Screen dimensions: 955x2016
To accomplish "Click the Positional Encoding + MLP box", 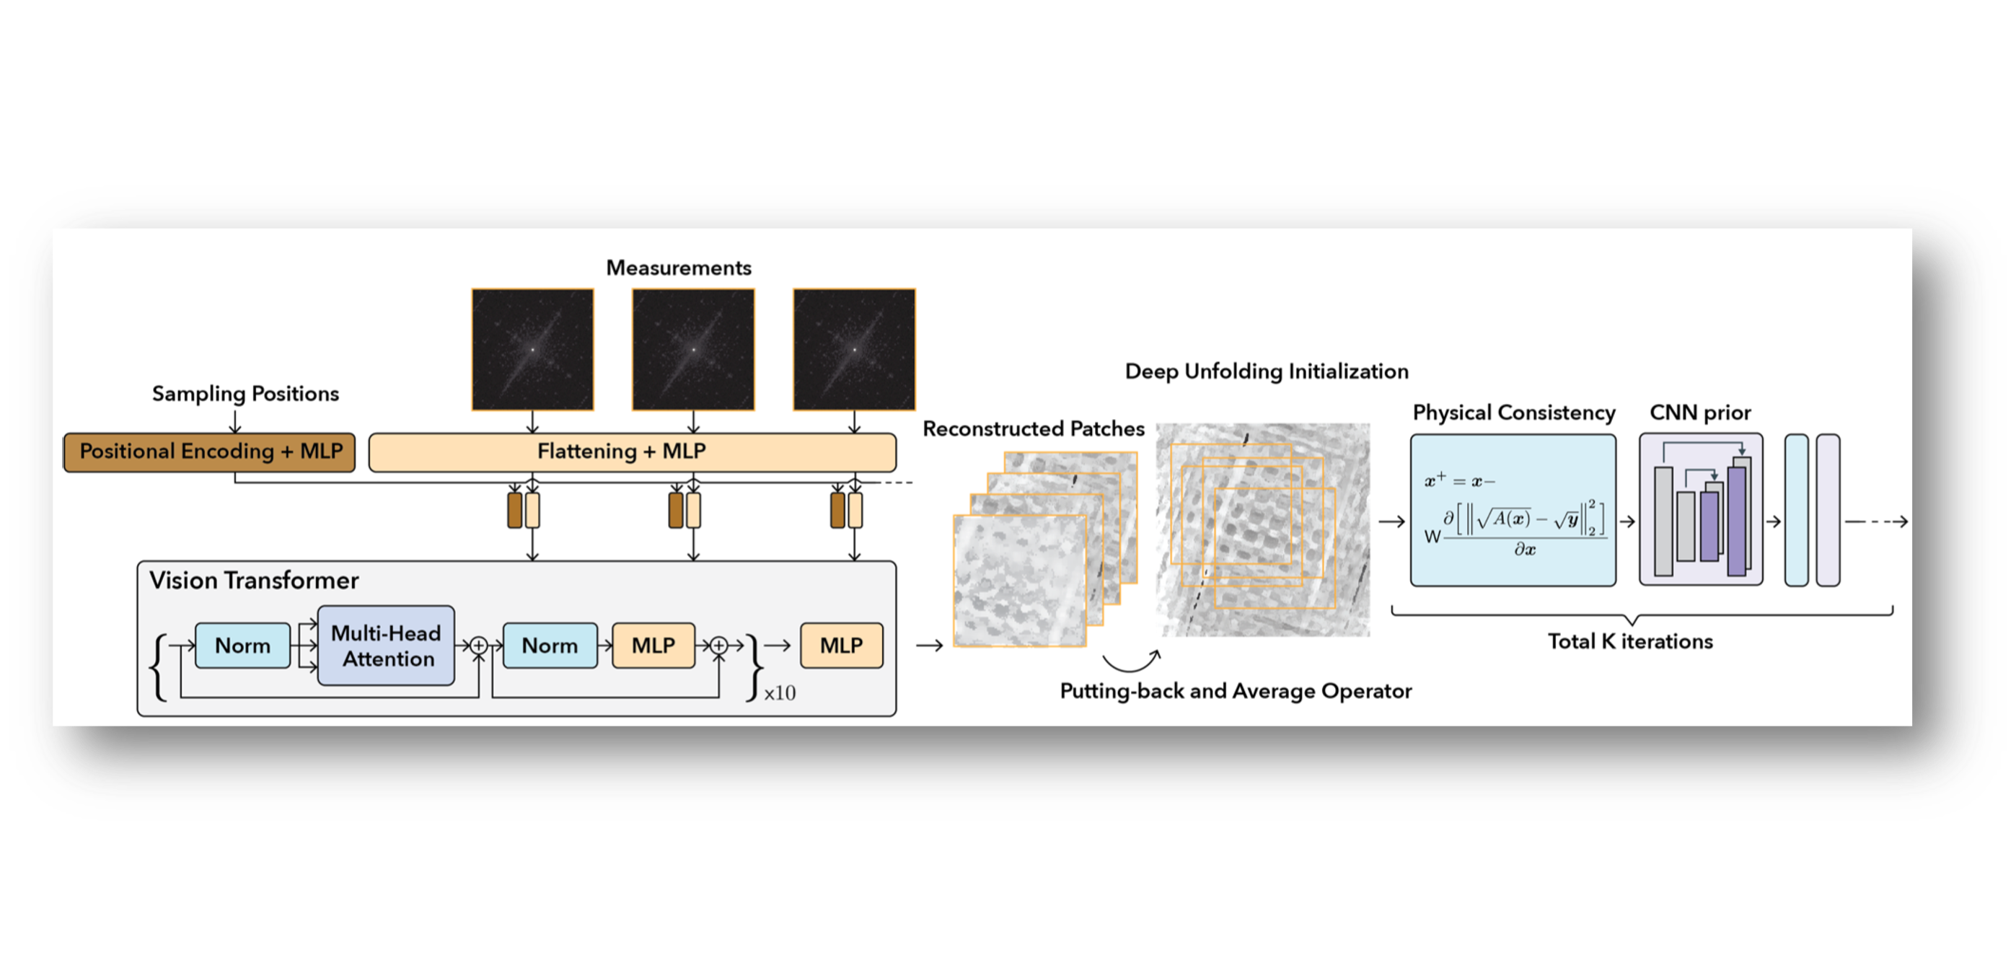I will pyautogui.click(x=209, y=452).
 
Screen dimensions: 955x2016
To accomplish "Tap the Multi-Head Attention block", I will pyautogui.click(x=386, y=646).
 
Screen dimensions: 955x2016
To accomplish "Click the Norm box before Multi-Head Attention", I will pyautogui.click(x=242, y=646).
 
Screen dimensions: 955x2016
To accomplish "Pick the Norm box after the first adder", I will pyautogui.click(x=550, y=646).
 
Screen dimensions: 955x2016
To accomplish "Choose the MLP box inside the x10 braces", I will pyautogui.click(x=653, y=646).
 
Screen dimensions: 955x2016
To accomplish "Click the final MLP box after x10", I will pyautogui.click(x=841, y=646).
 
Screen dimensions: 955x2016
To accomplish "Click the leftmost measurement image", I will pyautogui.click(x=532, y=349).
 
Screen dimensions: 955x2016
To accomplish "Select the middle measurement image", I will pyautogui.click(x=693, y=349).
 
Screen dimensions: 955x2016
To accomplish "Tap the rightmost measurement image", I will pyautogui.click(x=854, y=349).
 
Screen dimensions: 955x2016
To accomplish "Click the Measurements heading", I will pyautogui.click(x=679, y=268).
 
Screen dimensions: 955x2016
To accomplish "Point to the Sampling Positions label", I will pyautogui.click(x=245, y=393).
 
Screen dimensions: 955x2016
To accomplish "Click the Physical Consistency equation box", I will pyautogui.click(x=1513, y=511).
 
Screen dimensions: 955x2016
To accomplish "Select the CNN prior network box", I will pyautogui.click(x=1701, y=511).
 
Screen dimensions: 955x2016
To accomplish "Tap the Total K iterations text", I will pyautogui.click(x=1630, y=642).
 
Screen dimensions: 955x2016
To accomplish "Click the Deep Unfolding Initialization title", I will pyautogui.click(x=1267, y=371).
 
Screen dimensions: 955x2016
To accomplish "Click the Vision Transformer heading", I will pyautogui.click(x=254, y=580).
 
